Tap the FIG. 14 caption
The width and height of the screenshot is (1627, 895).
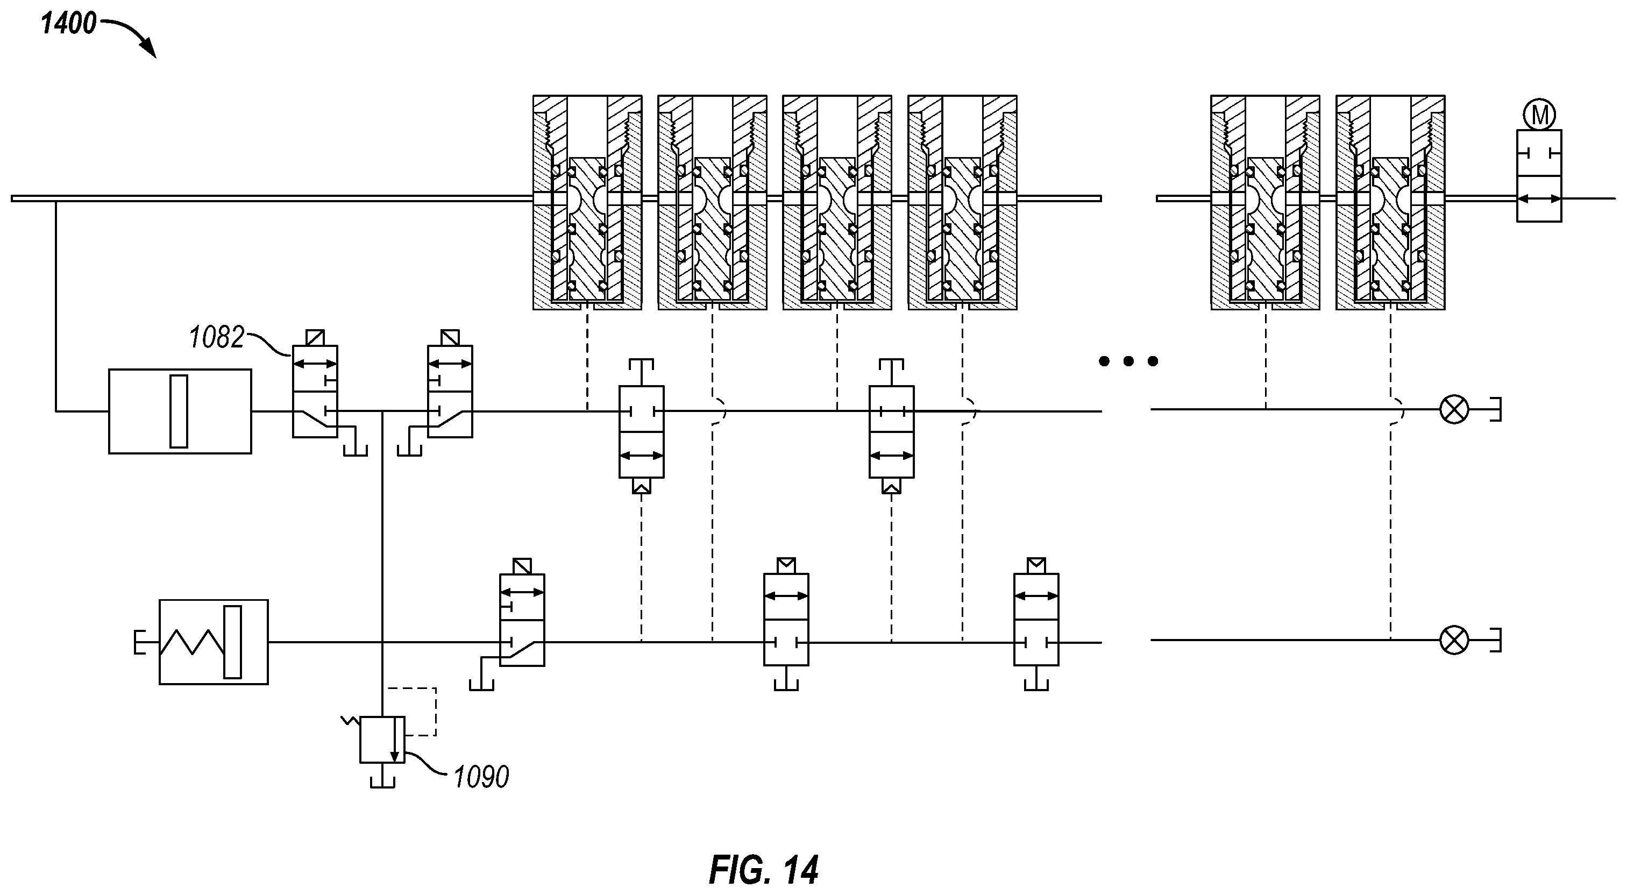[x=764, y=870]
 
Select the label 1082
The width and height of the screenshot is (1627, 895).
[x=216, y=338]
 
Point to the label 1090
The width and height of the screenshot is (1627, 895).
[x=481, y=777]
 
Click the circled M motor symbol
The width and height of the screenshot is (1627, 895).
[x=1539, y=115]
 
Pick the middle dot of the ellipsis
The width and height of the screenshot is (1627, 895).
[x=1128, y=361]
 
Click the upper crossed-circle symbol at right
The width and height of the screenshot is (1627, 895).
[x=1454, y=410]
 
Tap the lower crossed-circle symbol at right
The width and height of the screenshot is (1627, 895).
[x=1454, y=641]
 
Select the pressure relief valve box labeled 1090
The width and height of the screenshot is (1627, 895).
[x=382, y=740]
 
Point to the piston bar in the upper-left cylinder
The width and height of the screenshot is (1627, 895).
[x=179, y=411]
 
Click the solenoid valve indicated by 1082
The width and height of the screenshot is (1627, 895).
[x=315, y=391]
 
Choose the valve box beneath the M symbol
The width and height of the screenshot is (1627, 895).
[x=1539, y=175]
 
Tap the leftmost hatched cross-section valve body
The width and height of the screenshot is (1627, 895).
[x=587, y=202]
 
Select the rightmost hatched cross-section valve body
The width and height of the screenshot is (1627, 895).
[x=1390, y=202]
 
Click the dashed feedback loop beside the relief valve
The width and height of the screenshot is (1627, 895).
[x=436, y=712]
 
